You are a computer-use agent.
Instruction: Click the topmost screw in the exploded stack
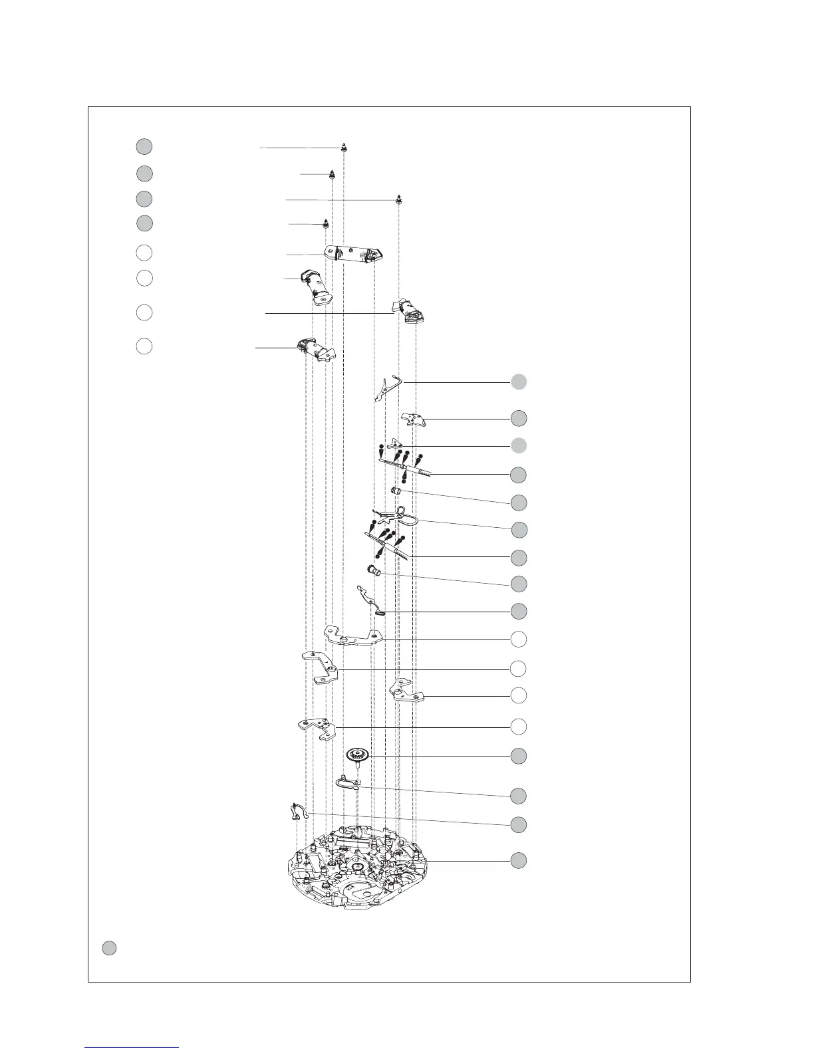coord(344,148)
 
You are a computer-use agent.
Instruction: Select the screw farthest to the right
coord(399,199)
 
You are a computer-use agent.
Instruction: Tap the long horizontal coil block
coord(353,254)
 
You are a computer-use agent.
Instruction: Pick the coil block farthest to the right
coord(410,312)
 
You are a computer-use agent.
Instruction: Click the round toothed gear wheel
coord(358,755)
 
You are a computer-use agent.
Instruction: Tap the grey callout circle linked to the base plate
coord(519,860)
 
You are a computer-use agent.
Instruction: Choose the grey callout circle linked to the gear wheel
coord(519,756)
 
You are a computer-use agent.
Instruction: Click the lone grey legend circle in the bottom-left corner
coord(110,949)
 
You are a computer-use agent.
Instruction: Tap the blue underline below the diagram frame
coord(132,1047)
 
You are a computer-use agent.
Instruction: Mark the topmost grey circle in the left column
coord(144,146)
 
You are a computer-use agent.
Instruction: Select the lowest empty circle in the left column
coord(144,346)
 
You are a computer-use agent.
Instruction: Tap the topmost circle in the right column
coord(519,382)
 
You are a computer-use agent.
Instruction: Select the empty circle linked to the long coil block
coord(144,253)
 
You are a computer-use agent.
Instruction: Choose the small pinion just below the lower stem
coord(374,570)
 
